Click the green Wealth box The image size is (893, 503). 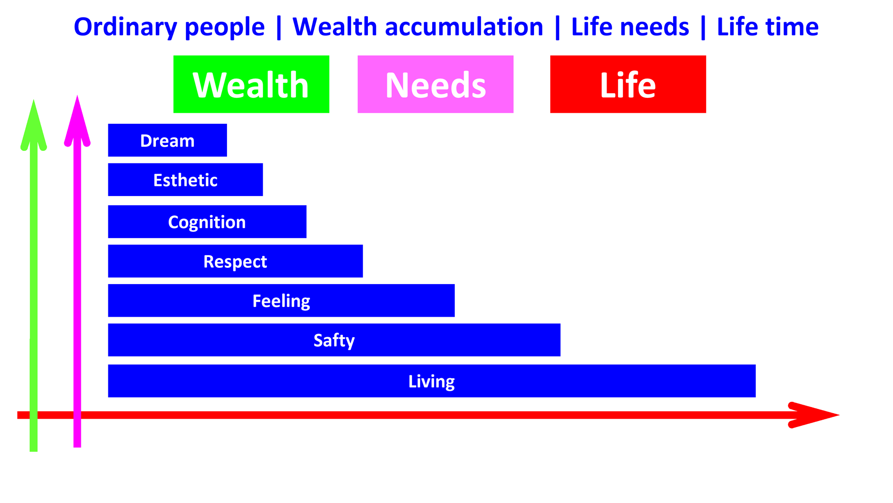(x=251, y=84)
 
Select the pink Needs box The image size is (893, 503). (x=435, y=84)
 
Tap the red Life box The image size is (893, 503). (x=628, y=84)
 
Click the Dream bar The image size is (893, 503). (x=167, y=140)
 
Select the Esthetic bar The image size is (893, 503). (x=185, y=180)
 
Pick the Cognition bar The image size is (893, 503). (x=207, y=222)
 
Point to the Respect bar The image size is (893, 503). (x=235, y=261)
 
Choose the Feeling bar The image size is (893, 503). (x=281, y=300)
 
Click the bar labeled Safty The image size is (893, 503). (x=334, y=340)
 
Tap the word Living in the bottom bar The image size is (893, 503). (x=432, y=381)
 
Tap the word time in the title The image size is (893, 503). (x=792, y=27)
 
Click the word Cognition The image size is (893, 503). (x=207, y=222)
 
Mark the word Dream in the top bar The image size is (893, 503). (x=167, y=141)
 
